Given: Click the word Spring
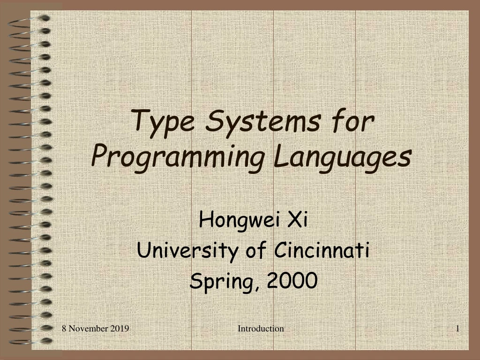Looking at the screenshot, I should pyautogui.click(x=220, y=282).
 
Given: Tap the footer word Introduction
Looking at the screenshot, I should pyautogui.click(x=261, y=329).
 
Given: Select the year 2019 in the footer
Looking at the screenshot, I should pyautogui.click(x=121, y=329).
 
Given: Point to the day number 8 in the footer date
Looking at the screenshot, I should pyautogui.click(x=64, y=329).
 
